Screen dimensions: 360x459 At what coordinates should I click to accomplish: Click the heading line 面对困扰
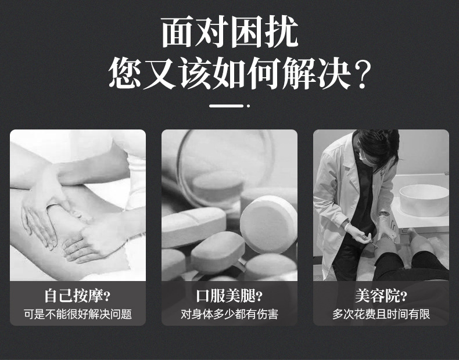pos(229,32)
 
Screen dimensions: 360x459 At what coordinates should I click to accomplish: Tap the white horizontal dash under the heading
pos(225,106)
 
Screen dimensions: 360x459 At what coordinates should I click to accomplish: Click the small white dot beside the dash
pos(248,106)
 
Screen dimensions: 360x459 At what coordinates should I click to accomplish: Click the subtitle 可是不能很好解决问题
pos(77,314)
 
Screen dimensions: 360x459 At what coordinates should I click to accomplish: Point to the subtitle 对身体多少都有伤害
pos(229,314)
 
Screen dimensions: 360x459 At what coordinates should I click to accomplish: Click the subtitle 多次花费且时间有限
pos(381,314)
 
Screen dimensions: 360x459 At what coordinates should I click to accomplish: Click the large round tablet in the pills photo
pos(268,224)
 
